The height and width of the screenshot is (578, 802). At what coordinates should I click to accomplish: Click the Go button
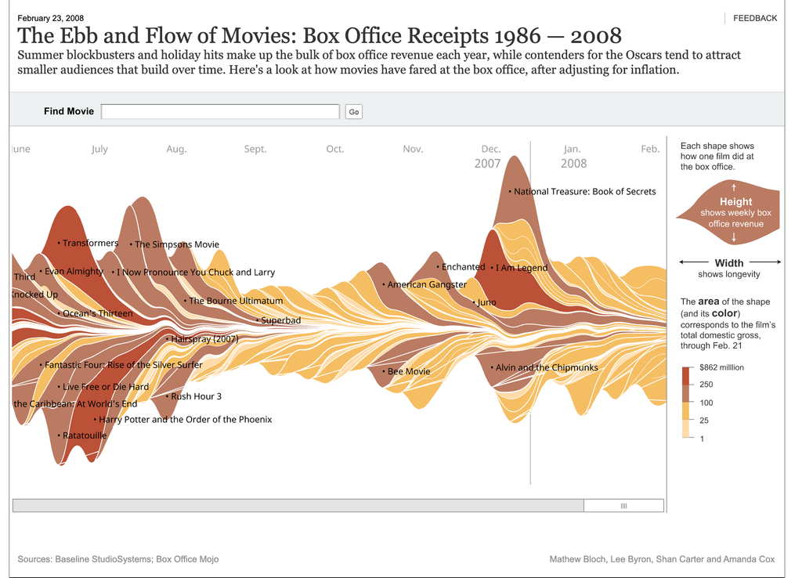tap(354, 112)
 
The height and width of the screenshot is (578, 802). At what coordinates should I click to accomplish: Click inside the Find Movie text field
tap(220, 112)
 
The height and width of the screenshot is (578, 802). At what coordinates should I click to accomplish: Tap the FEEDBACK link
tap(755, 18)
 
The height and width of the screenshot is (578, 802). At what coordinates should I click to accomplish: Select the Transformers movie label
tap(90, 244)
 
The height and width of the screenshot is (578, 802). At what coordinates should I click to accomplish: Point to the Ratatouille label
tap(85, 435)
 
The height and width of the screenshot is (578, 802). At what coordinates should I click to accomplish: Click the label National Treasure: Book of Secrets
tap(584, 192)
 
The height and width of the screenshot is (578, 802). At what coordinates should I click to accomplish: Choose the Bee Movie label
tap(409, 371)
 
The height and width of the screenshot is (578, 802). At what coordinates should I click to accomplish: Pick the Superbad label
tap(280, 320)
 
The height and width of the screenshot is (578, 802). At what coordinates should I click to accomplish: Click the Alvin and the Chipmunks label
tap(546, 368)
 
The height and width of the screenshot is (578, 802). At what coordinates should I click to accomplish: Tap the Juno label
tap(486, 302)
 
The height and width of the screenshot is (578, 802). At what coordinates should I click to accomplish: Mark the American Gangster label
tap(427, 285)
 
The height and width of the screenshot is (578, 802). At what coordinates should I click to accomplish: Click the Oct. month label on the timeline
tap(335, 149)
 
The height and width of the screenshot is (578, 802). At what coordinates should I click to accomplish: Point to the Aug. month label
tap(176, 149)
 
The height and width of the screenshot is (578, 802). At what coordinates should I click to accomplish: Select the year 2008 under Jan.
tap(573, 164)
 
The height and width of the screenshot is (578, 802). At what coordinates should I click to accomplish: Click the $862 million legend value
tap(721, 367)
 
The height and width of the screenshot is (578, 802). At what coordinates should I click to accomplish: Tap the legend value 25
tap(704, 421)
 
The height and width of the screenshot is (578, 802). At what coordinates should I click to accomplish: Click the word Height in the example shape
tap(735, 202)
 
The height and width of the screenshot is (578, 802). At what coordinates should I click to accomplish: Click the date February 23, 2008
tap(51, 18)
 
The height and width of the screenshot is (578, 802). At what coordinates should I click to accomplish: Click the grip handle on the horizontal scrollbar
tap(623, 506)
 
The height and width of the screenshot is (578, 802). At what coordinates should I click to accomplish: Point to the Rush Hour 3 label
tap(196, 396)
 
